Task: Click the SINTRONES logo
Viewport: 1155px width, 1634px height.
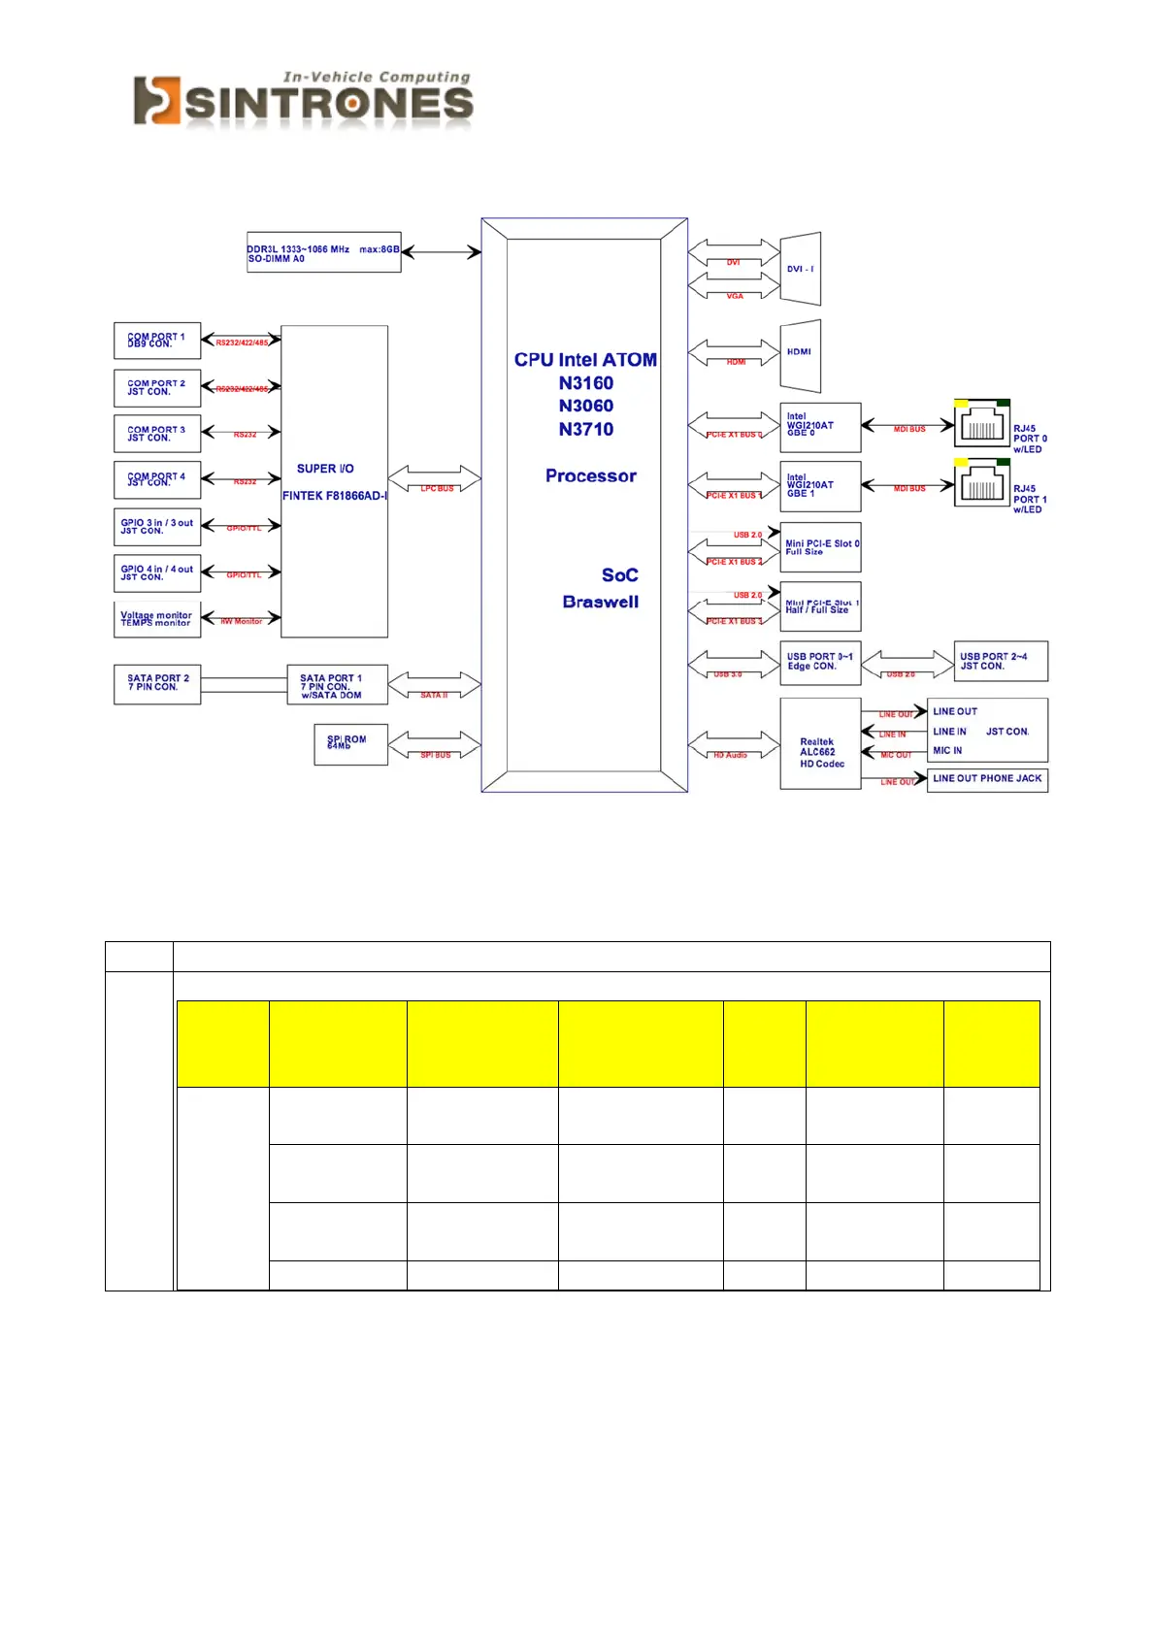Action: (x=303, y=100)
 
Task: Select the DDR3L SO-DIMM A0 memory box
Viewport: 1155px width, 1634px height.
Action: (x=323, y=252)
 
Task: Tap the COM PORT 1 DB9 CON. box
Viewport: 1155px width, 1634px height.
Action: (x=157, y=341)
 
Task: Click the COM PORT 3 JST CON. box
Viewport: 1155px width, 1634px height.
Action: (x=157, y=434)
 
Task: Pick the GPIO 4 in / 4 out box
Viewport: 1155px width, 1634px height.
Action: (x=157, y=573)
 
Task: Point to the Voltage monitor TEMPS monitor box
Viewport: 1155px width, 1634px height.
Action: (x=157, y=619)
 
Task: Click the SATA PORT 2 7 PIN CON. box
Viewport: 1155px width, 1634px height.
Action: (x=157, y=683)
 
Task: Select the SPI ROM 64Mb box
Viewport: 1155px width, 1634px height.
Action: (x=350, y=744)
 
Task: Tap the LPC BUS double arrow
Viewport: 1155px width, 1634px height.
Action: (x=435, y=478)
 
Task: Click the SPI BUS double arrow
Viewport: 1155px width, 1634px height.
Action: (x=435, y=745)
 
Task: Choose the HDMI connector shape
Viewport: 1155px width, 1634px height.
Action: (x=801, y=355)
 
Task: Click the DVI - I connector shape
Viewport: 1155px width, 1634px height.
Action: (x=801, y=269)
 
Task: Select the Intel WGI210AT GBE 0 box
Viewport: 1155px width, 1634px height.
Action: (x=820, y=427)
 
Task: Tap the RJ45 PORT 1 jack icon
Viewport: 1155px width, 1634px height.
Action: (x=981, y=484)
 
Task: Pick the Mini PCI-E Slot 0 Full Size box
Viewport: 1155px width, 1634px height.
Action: (x=820, y=548)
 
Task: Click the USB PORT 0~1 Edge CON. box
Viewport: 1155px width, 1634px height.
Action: (x=820, y=662)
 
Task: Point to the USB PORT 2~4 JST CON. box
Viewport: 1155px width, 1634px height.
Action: (x=1001, y=662)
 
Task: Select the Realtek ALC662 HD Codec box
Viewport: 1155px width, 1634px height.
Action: (x=820, y=744)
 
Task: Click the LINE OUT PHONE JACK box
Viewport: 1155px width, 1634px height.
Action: (x=987, y=779)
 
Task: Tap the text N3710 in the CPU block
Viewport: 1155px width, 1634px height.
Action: (x=586, y=430)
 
